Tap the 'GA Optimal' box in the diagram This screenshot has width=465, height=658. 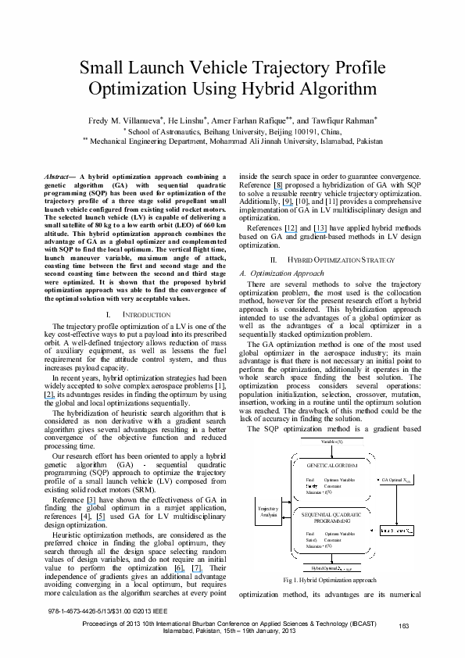coord(395,478)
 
